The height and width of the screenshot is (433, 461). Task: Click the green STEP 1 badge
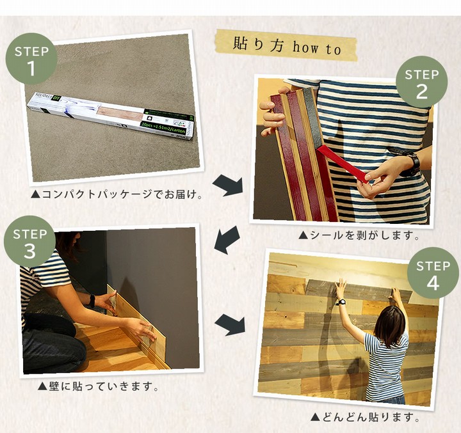tap(31, 59)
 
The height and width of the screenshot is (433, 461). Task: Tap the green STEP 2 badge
tap(421, 82)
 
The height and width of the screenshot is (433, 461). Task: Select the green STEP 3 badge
tap(29, 242)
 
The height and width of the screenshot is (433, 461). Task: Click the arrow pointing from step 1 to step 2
tap(228, 185)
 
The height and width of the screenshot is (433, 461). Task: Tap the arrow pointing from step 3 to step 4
tap(229, 324)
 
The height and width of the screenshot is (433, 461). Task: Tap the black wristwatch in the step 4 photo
tap(341, 302)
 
